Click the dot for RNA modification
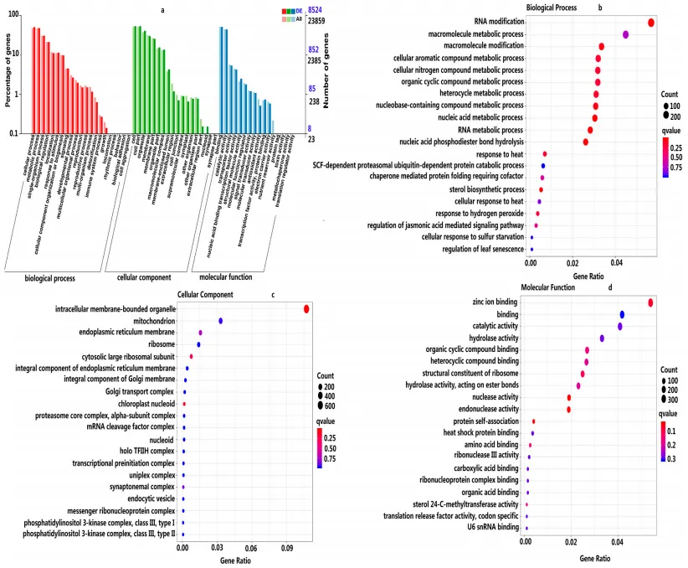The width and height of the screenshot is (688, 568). click(651, 22)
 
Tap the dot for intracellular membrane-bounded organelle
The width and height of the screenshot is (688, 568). click(306, 310)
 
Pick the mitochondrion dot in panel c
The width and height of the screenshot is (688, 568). click(221, 321)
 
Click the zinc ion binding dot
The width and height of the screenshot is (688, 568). click(650, 302)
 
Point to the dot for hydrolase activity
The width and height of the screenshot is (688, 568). click(602, 338)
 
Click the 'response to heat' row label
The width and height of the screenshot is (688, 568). click(500, 154)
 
